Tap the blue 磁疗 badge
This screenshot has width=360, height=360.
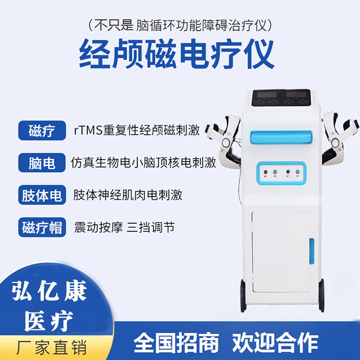(42, 130)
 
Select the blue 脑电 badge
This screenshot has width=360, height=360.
(42, 163)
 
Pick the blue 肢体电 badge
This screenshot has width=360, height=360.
(42, 195)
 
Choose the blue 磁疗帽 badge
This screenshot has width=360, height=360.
(42, 228)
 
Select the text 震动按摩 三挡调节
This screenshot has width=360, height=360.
(124, 227)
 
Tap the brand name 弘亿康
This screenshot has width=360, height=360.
(49, 291)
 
